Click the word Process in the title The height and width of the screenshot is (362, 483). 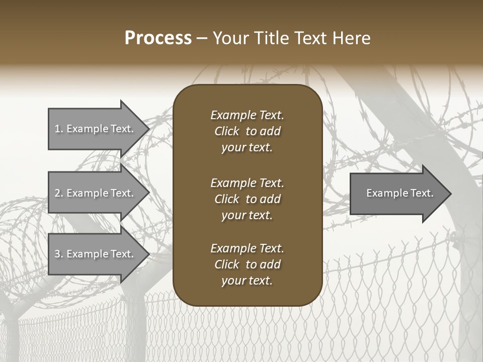158,38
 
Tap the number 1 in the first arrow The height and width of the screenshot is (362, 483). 58,129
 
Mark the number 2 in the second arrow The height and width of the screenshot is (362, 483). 58,193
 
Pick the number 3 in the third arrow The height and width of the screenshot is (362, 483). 58,254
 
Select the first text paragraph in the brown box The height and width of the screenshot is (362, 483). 247,131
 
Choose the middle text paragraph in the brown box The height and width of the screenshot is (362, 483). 247,199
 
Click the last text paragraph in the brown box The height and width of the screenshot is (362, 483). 247,264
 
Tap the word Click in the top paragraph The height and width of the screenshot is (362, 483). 226,131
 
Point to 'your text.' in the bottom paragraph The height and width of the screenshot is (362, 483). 247,281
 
